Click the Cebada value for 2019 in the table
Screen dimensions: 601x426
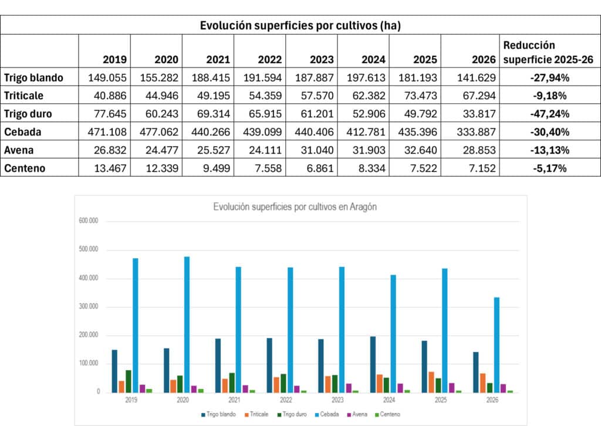point(107,132)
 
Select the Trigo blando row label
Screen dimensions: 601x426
point(33,78)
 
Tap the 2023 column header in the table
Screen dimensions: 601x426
point(322,59)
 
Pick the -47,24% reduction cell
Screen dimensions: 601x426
point(549,114)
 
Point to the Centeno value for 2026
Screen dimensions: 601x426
point(482,168)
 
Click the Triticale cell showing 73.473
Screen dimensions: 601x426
point(420,96)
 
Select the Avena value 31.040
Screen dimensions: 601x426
point(317,150)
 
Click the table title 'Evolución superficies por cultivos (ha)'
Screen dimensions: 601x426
point(300,25)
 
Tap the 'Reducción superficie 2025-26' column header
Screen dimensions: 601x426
point(548,52)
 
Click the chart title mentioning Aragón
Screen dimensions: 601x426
point(295,207)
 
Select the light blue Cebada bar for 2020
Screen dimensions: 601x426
point(187,324)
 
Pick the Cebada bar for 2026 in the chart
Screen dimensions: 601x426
point(497,345)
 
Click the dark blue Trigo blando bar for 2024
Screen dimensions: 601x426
point(373,364)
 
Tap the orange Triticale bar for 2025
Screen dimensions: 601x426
point(431,383)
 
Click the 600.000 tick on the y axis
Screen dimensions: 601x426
point(89,221)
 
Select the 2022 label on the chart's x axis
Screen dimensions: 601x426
point(286,400)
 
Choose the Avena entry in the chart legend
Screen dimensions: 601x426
point(357,414)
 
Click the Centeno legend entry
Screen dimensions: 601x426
point(387,414)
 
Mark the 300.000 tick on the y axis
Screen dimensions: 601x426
point(89,306)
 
